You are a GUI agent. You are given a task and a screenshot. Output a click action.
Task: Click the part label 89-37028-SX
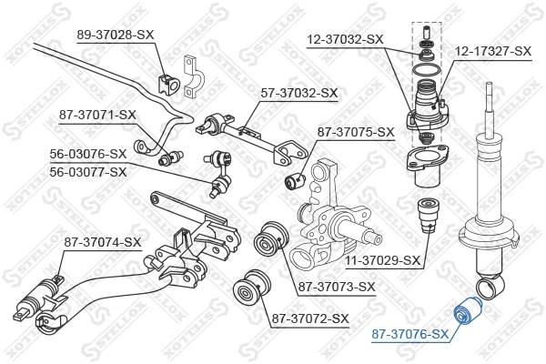[116, 34]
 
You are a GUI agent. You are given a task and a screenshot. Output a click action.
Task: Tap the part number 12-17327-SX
[492, 51]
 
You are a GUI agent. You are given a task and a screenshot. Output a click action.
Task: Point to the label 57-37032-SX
[299, 93]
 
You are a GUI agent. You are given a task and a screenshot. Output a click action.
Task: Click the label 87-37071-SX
[97, 115]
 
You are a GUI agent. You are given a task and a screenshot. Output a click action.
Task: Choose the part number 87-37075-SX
[356, 132]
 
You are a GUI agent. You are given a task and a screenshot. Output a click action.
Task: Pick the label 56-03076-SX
[88, 154]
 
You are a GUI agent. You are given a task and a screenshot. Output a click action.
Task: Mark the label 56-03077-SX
[88, 170]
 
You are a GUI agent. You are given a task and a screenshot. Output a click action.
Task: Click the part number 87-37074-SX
[103, 242]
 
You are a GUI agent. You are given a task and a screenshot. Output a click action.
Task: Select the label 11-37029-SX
[384, 261]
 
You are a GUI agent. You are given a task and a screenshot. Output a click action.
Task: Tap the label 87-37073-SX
[337, 288]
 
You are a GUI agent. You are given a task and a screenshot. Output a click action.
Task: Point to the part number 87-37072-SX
[310, 318]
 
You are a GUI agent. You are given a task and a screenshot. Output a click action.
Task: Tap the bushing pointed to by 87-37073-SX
[270, 240]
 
